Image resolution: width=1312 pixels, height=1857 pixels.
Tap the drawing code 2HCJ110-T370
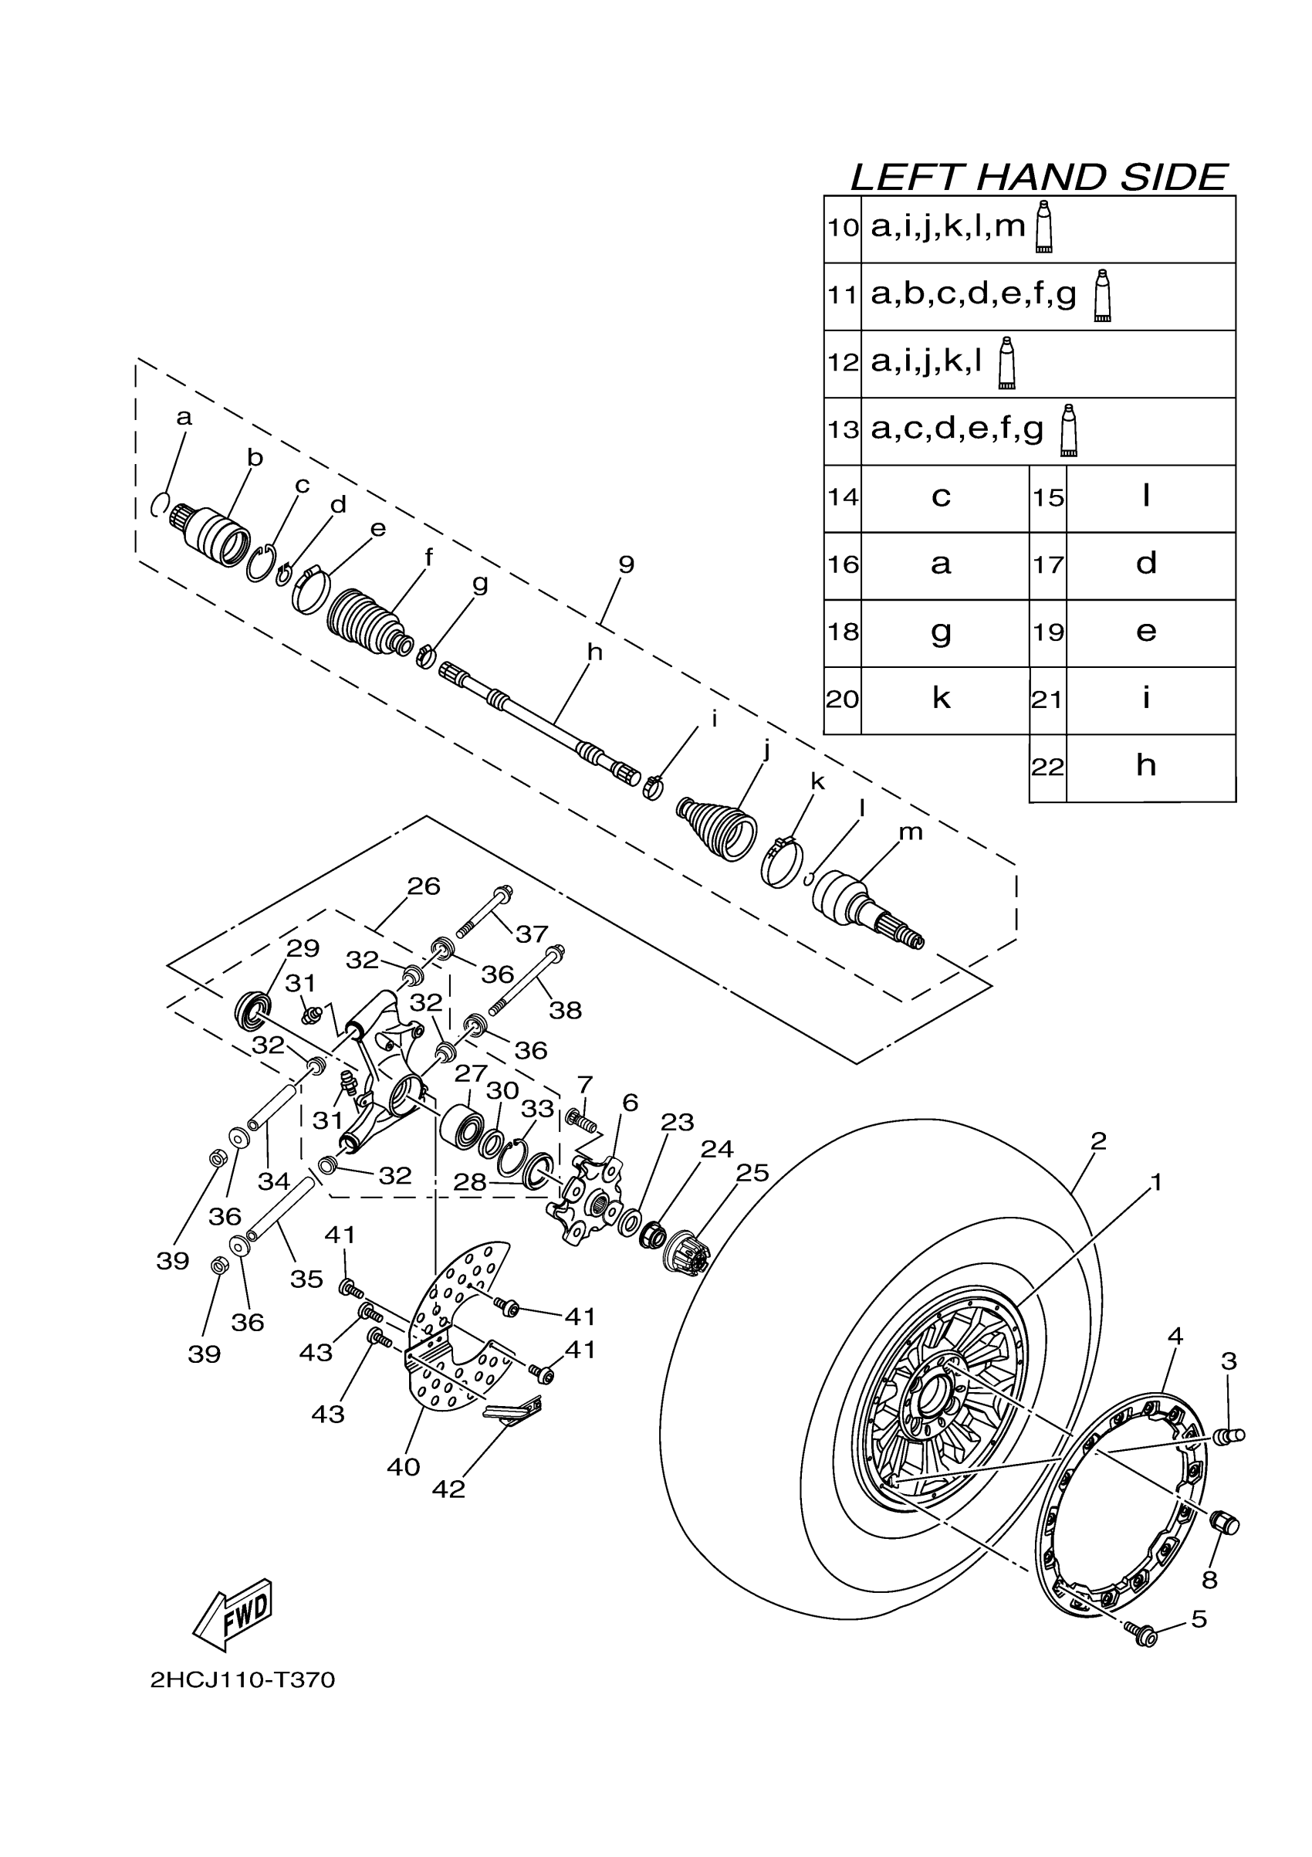tap(242, 1681)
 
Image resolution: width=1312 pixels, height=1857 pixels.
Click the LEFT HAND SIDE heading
tap(1039, 177)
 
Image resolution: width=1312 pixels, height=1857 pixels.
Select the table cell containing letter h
tap(1145, 765)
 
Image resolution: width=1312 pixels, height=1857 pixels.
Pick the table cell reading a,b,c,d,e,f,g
tap(973, 294)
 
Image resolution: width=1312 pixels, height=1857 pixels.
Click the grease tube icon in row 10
tap(1043, 227)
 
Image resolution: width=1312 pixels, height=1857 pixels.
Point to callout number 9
tap(627, 564)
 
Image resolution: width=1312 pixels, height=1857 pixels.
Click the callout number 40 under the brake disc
tap(404, 1466)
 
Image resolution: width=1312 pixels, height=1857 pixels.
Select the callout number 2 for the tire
tap(1097, 1141)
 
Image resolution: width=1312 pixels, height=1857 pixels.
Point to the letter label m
tap(911, 832)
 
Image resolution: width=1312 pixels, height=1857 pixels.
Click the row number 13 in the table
tap(842, 429)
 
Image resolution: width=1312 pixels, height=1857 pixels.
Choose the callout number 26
tap(423, 886)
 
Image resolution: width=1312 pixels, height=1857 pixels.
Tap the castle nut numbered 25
tap(687, 1255)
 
